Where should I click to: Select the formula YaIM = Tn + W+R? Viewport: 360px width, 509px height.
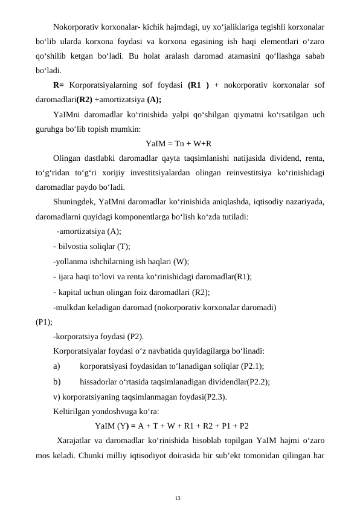pyautogui.click(x=178, y=143)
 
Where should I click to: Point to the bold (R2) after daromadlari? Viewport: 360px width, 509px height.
pyautogui.click(x=85, y=100)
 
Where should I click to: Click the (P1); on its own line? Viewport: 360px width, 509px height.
pyautogui.click(x=44, y=321)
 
